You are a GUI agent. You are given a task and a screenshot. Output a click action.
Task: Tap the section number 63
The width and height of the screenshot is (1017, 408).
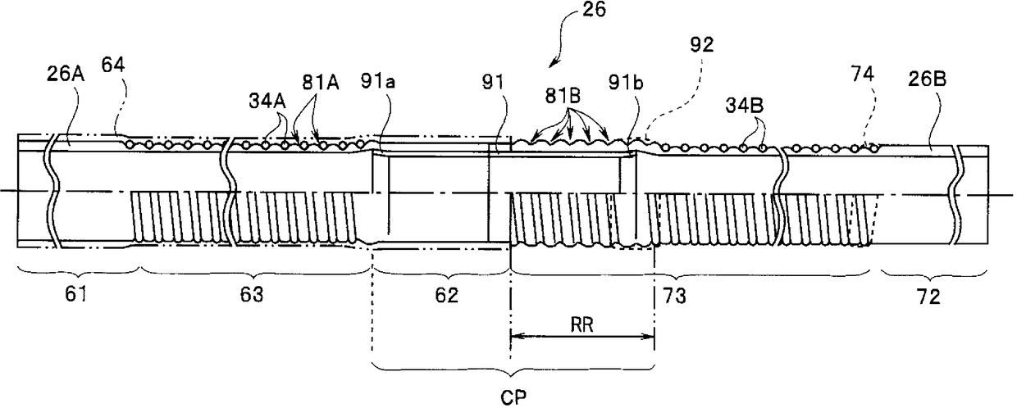(x=253, y=295)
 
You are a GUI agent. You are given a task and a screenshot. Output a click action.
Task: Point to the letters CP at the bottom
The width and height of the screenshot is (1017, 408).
(x=511, y=397)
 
